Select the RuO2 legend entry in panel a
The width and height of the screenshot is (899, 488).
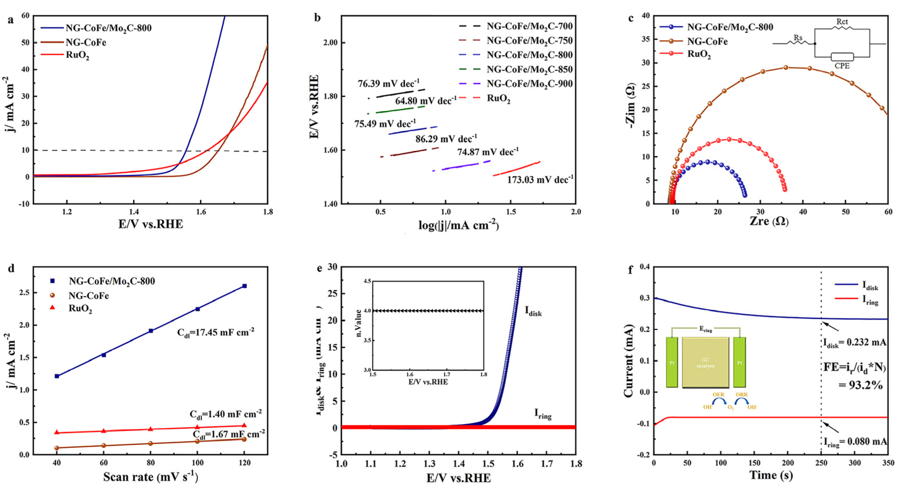[x=78, y=55]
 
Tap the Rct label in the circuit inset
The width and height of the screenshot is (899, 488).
[x=842, y=22]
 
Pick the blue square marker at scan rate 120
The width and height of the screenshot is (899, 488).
[x=244, y=286]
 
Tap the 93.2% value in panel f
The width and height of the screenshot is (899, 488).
[x=861, y=385]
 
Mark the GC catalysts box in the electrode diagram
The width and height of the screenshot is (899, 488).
[x=706, y=363]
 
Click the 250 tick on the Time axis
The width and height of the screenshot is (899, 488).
[x=821, y=463]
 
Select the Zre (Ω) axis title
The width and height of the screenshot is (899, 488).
[x=769, y=221]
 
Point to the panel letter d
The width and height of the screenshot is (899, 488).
[x=11, y=269]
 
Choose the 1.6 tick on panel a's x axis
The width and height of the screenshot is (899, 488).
[x=201, y=212]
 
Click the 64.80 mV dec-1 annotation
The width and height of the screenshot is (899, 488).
[x=426, y=101]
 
